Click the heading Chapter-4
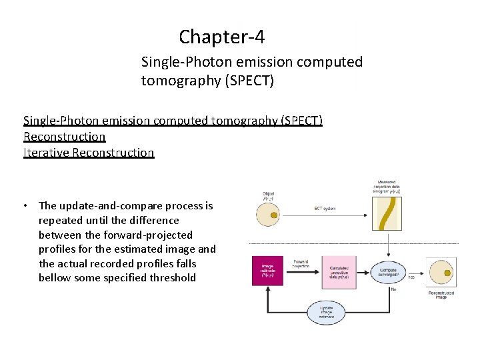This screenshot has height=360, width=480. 221,36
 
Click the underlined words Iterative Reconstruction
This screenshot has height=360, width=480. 89,153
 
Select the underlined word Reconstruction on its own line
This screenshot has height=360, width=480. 65,137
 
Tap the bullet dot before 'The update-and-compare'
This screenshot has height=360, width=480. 25,206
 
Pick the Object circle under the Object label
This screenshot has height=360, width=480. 269,214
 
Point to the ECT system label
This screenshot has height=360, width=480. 326,209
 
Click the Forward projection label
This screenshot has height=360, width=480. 301,265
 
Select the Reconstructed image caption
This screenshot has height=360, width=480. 441,295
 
